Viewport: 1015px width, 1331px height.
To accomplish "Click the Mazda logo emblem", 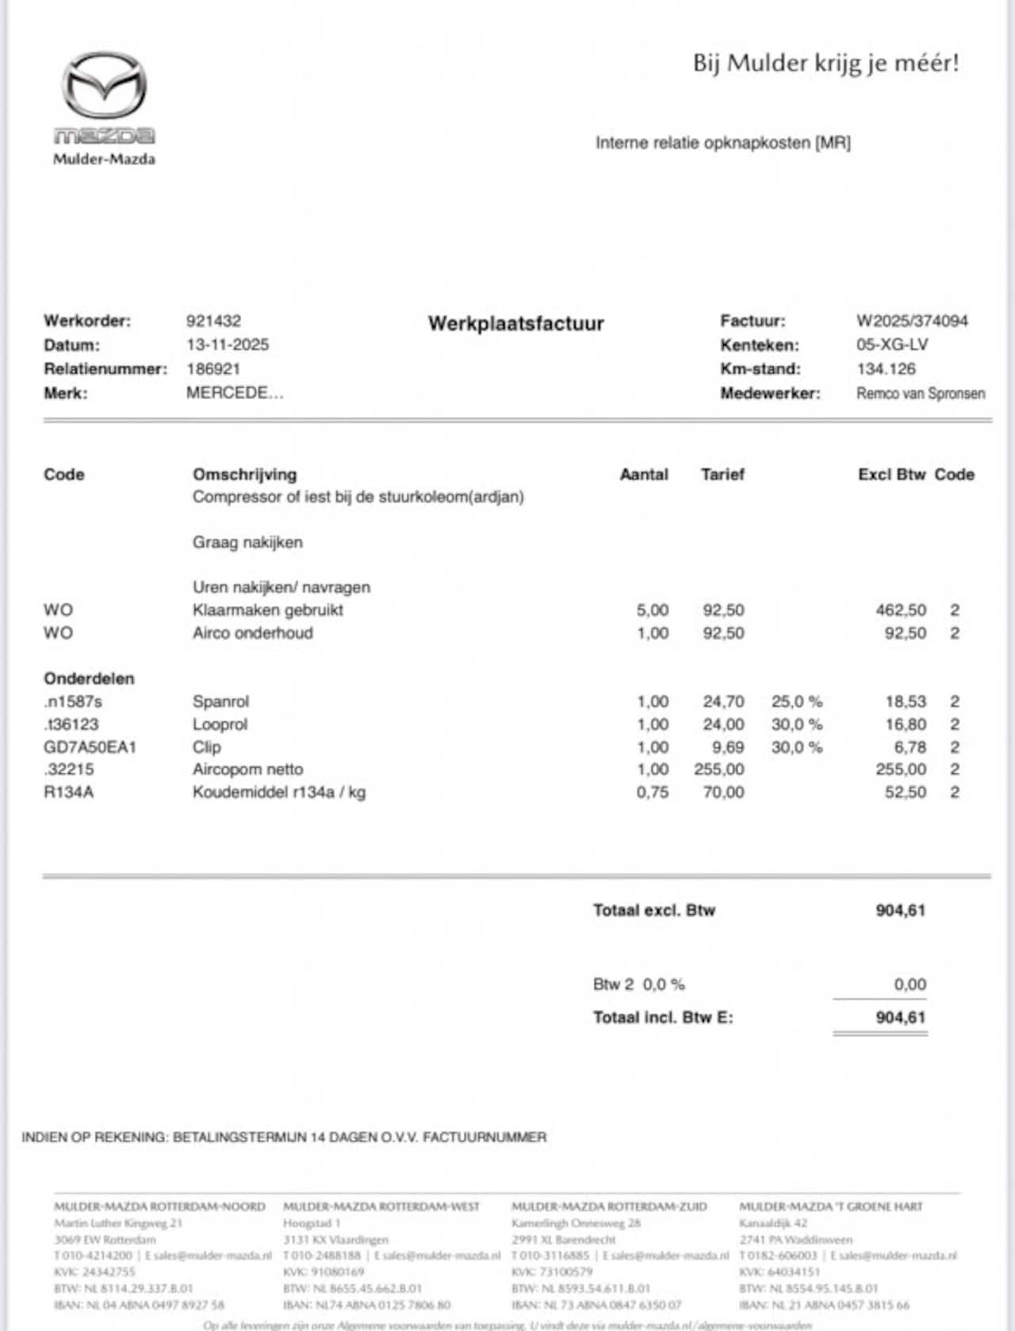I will point(104,85).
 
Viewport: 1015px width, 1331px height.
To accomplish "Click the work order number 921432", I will point(213,321).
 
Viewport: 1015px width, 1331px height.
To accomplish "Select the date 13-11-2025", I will point(228,345).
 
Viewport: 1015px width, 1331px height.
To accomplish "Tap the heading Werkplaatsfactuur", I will point(516,324).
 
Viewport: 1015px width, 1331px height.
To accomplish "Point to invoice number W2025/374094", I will point(912,321).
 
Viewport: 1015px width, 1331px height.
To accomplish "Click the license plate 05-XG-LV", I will point(892,345).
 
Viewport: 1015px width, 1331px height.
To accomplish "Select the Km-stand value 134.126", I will point(886,369).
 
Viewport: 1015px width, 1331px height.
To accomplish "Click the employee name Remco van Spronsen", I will point(921,393).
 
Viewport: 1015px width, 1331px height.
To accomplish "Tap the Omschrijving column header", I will point(244,474).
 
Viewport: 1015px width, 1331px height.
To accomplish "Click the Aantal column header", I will point(644,474).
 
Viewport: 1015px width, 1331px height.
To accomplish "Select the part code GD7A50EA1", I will point(90,747).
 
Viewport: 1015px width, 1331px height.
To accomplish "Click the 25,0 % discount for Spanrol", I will point(796,702).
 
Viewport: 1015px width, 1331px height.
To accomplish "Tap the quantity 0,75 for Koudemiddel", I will point(653,792).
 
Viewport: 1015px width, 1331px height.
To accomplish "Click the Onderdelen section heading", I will point(89,679).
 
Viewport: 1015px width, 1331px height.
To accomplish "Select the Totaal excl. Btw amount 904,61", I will point(900,911).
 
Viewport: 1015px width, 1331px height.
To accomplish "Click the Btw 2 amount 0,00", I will point(910,984).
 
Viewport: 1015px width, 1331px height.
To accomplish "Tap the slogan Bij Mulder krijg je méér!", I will point(825,63).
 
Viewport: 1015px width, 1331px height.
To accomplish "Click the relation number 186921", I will point(213,369).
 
